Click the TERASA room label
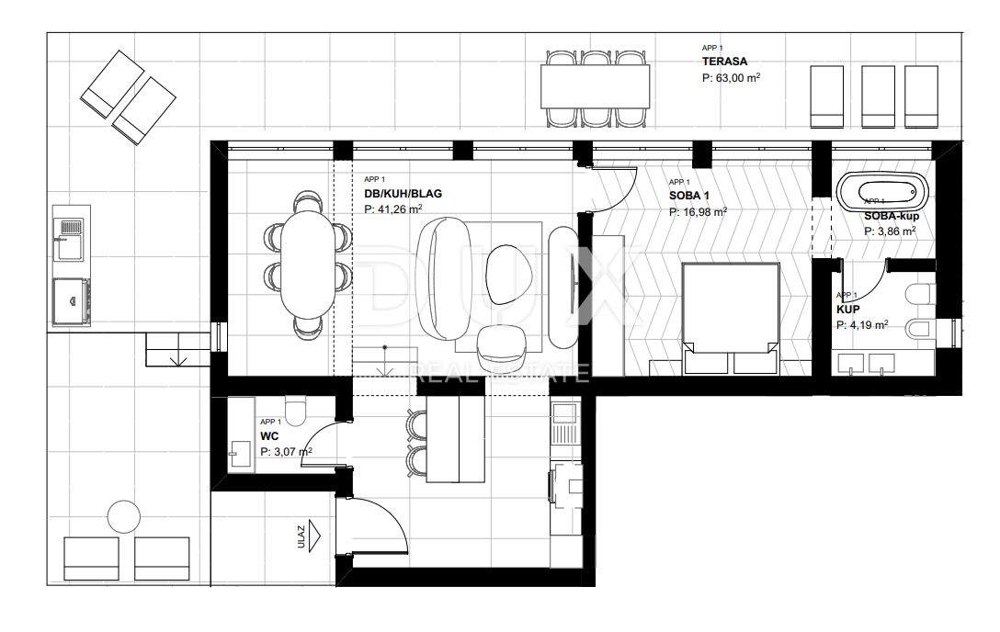tap(724, 62)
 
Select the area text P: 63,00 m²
tap(731, 79)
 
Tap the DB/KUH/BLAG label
tap(403, 194)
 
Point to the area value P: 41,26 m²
tap(392, 209)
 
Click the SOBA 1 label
tap(689, 196)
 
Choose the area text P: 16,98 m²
tap(699, 211)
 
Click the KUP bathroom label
tap(847, 310)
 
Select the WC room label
tap(269, 435)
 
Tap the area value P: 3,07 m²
tap(286, 452)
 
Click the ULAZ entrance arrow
tap(315, 534)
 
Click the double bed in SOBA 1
tap(731, 318)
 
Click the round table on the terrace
tap(123, 517)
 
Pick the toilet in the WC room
tap(296, 408)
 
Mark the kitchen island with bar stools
tap(457, 440)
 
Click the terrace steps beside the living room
tap(178, 349)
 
